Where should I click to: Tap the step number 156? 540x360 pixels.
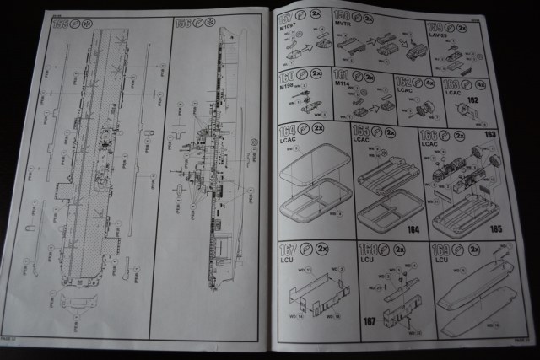point(181,23)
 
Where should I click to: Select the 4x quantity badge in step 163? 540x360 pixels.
point(481,83)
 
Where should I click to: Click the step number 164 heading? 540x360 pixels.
point(287,132)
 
